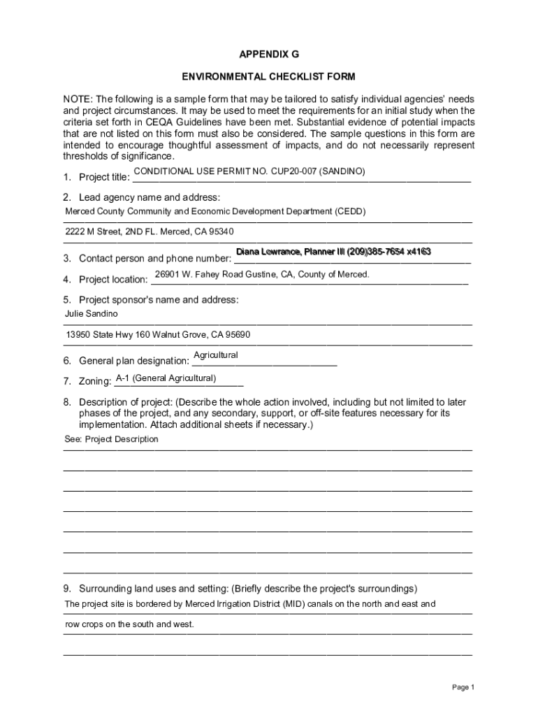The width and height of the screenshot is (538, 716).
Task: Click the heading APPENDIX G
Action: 269,54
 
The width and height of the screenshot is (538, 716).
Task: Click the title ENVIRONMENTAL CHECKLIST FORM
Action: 269,76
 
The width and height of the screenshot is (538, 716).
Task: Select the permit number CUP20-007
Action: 288,171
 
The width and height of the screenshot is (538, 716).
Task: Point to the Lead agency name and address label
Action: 150,197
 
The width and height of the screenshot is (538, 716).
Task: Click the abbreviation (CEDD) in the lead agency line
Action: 350,211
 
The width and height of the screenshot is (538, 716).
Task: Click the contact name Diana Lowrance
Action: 268,252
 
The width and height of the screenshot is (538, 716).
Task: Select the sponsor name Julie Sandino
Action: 87,314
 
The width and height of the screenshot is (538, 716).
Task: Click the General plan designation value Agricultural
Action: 216,355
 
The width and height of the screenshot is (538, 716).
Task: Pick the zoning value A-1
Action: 122,379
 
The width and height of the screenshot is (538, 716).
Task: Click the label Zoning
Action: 95,382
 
